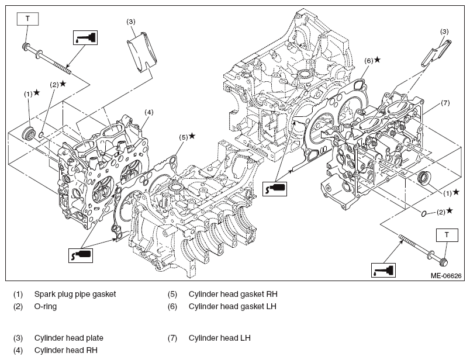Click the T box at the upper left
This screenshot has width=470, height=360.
[27, 19]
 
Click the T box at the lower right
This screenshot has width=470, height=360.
[447, 235]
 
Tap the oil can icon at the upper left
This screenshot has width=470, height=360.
[85, 38]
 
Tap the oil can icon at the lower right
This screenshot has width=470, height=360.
[383, 270]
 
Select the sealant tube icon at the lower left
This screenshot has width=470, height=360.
[81, 255]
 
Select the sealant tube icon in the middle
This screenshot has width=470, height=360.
[275, 189]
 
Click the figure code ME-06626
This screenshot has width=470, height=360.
[446, 276]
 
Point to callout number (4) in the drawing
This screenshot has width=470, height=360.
[149, 112]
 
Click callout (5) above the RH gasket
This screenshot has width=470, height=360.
[184, 137]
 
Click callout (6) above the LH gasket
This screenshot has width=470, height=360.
[369, 61]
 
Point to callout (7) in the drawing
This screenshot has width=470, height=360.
[445, 103]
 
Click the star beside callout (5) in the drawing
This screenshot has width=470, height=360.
[192, 136]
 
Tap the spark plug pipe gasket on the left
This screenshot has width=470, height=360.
[29, 133]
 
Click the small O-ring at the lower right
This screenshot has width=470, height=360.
[424, 214]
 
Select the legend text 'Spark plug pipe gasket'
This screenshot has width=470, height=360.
[75, 294]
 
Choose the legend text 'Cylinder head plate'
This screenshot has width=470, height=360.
[68, 338]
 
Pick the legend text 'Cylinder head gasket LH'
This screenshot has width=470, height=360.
[232, 306]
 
